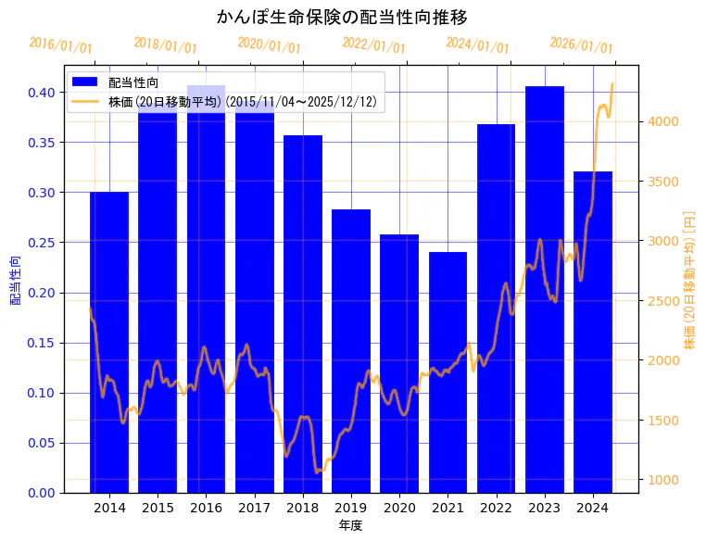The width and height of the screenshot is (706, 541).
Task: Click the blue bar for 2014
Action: pyautogui.click(x=109, y=343)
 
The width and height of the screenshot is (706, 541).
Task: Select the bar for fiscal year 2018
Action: pyautogui.click(x=303, y=315)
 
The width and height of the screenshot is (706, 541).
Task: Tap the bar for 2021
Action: pyautogui.click(x=448, y=371)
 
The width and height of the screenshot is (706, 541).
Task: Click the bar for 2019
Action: pyautogui.click(x=351, y=352)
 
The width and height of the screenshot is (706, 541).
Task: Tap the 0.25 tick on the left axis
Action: pyautogui.click(x=41, y=243)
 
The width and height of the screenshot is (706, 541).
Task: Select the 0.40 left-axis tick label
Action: pyautogui.click(x=41, y=93)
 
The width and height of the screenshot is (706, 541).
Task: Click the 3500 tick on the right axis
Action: pyautogui.click(x=664, y=181)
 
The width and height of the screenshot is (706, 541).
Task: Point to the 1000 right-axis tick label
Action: pyautogui.click(x=664, y=480)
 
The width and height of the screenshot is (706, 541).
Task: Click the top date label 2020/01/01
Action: pyautogui.click(x=270, y=45)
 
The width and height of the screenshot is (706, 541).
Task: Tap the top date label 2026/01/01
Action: pyautogui.click(x=582, y=45)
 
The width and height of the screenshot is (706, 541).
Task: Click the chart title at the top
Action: pyautogui.click(x=342, y=17)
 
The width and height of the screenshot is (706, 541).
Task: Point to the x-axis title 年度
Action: pyautogui.click(x=350, y=525)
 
